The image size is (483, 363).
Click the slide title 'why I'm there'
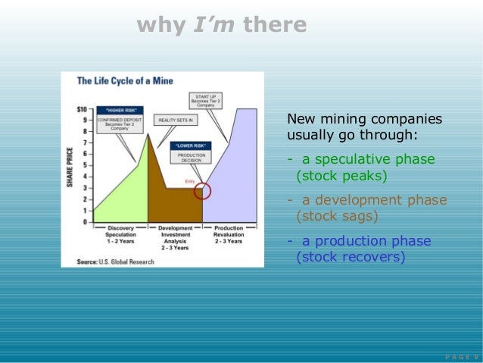pyautogui.click(x=222, y=26)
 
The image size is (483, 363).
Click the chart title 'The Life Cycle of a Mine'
pyautogui.click(x=131, y=80)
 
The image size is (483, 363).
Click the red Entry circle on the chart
pyautogui.click(x=202, y=191)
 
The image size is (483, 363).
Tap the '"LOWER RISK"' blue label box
pyautogui.click(x=191, y=145)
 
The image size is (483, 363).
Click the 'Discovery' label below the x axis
pyautogui.click(x=120, y=228)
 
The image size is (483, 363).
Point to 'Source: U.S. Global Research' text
pyautogui.click(x=115, y=261)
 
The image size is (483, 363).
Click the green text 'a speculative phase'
pyautogui.click(x=368, y=159)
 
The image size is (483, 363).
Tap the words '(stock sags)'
pyautogui.click(x=336, y=216)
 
